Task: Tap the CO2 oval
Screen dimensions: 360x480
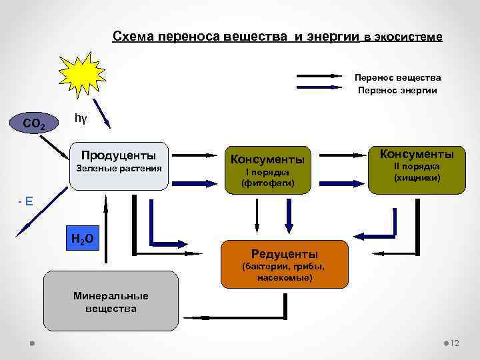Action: coord(34,123)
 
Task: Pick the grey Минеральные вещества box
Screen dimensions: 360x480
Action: coord(111,301)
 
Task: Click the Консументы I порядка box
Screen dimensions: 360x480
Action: coord(267,169)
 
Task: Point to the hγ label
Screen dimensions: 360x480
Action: coord(81,118)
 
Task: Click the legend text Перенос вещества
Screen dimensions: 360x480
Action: coord(398,78)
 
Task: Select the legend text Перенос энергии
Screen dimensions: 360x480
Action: coord(398,90)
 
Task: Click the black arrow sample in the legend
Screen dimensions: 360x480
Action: coord(319,78)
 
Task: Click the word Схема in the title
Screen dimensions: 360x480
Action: coord(133,36)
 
